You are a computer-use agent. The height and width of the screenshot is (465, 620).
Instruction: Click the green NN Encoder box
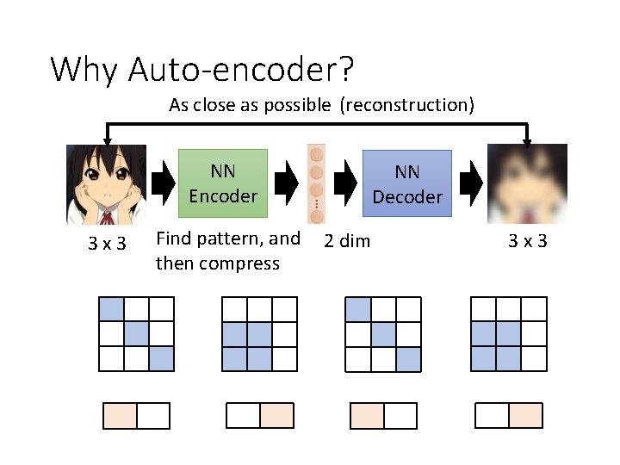[x=223, y=183]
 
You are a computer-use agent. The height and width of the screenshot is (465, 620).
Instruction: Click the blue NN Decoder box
[x=406, y=184]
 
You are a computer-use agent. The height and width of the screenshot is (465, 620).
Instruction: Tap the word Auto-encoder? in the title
[x=242, y=68]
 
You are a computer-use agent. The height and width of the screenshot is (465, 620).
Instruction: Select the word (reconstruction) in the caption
[x=406, y=105]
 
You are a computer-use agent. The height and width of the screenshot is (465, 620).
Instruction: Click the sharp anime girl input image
[x=106, y=184]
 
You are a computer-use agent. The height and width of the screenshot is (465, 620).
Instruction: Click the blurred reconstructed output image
[x=527, y=184]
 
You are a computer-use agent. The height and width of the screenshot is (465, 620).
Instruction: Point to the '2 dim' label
[x=346, y=241]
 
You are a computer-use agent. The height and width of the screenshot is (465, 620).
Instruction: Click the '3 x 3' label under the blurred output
[x=527, y=240]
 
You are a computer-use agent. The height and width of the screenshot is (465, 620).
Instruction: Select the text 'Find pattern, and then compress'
[x=227, y=251]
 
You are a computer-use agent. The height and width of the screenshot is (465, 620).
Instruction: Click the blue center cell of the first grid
[x=137, y=333]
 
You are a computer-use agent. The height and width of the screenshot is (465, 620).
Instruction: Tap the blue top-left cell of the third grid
[x=358, y=309]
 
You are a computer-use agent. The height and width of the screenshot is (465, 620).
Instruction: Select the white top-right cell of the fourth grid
[x=534, y=309]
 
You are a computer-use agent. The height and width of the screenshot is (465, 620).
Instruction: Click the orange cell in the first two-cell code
[x=121, y=416]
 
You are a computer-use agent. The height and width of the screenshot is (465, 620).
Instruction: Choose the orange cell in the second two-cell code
[x=276, y=416]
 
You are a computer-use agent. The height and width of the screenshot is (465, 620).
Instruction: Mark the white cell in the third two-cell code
[x=400, y=416]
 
